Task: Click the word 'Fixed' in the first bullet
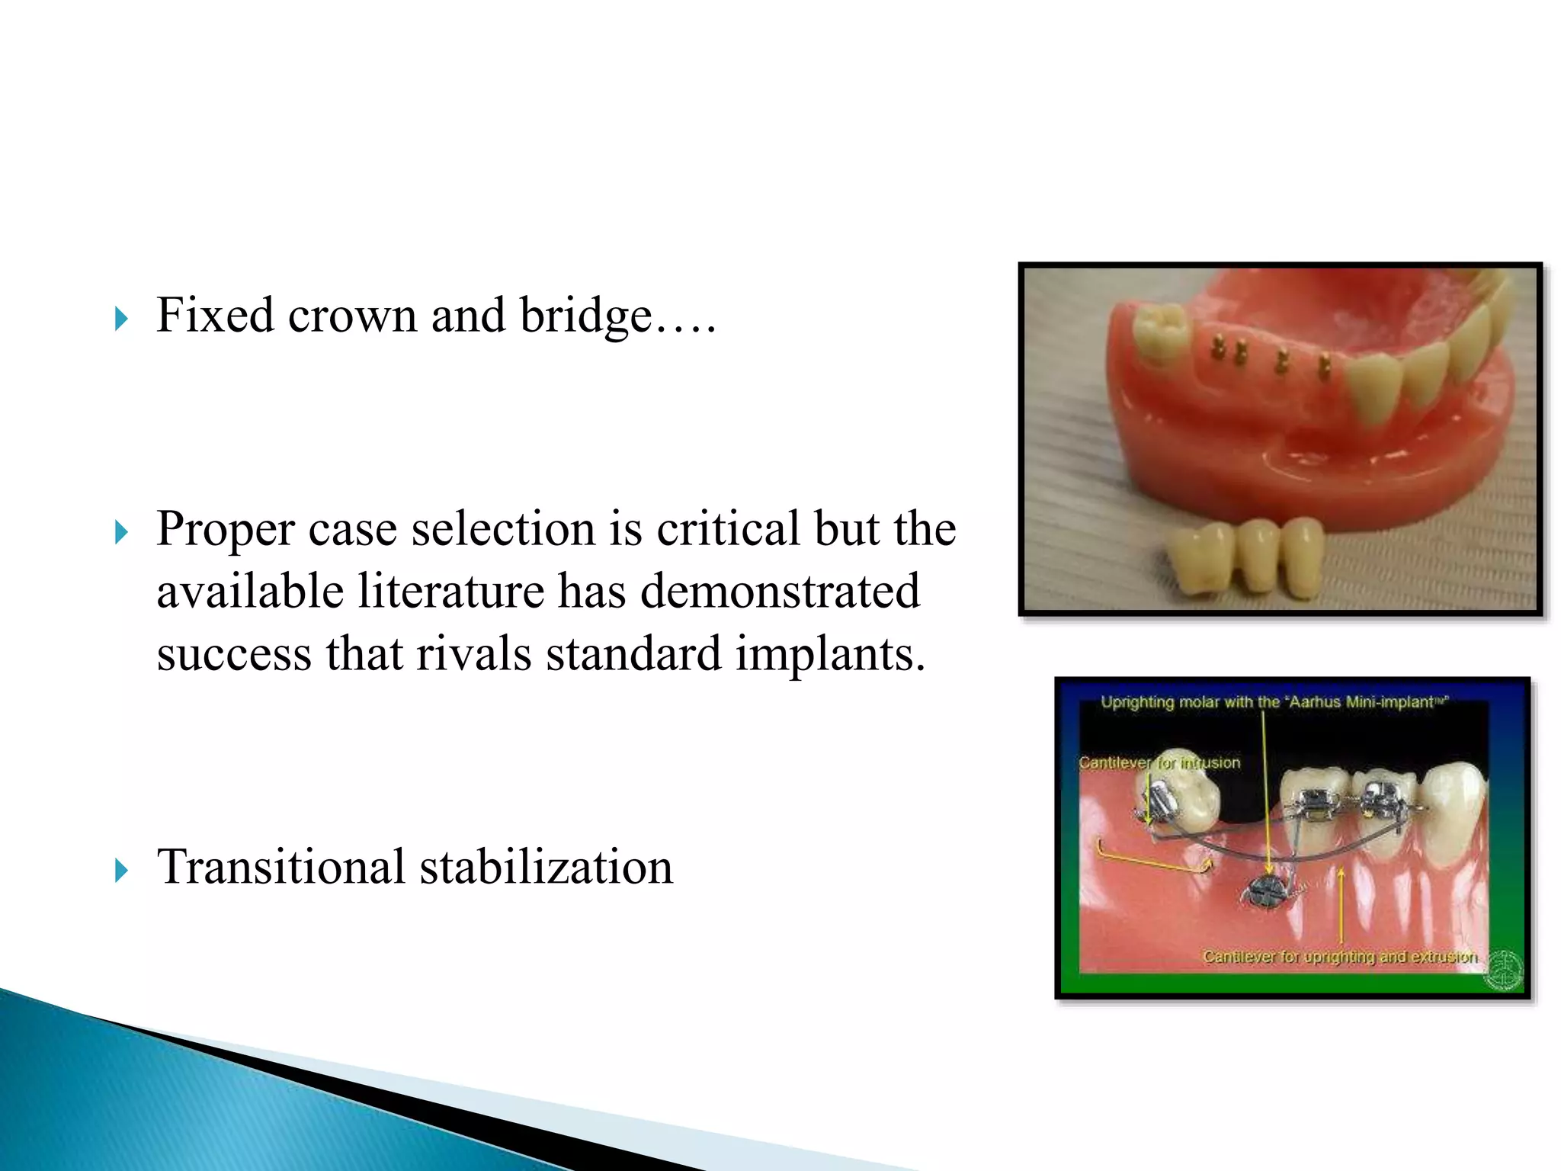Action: pyautogui.click(x=214, y=315)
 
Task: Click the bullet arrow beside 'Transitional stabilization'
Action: pyautogui.click(x=121, y=869)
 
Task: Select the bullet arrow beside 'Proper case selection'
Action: pyautogui.click(x=121, y=531)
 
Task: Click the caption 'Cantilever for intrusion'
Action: pyautogui.click(x=1159, y=762)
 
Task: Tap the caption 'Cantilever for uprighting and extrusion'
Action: pyautogui.click(x=1340, y=956)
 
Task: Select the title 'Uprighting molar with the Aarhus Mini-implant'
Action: pyautogui.click(x=1274, y=701)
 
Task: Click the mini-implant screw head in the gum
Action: pyautogui.click(x=1268, y=890)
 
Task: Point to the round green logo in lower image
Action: pyautogui.click(x=1504, y=970)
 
